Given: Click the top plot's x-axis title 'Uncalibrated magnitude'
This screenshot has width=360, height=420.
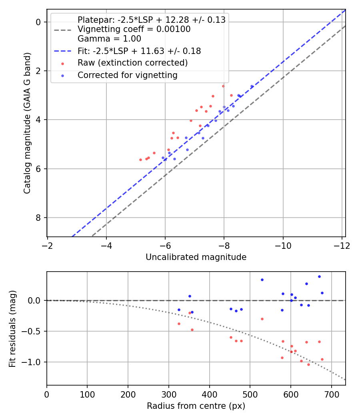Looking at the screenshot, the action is tap(196, 257).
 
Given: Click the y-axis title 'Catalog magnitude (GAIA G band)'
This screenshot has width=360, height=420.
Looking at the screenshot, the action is tap(27, 123).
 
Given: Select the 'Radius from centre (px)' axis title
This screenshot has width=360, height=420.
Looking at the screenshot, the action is tap(196, 406).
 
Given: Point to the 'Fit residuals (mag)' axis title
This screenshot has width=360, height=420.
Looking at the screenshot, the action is tap(12, 329).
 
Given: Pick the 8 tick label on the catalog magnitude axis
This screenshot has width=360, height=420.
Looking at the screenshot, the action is tap(38, 218).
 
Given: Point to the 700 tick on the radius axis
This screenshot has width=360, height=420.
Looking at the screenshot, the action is tap(332, 394).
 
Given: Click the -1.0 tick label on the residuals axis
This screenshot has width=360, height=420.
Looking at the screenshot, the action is tap(31, 362).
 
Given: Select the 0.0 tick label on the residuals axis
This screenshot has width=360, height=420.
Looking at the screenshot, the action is tap(34, 300).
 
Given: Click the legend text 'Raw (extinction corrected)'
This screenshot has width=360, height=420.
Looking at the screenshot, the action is tap(132, 63).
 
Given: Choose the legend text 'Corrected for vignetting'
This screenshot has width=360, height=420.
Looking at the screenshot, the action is tap(128, 75).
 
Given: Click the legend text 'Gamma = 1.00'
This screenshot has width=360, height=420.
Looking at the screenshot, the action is tap(109, 39).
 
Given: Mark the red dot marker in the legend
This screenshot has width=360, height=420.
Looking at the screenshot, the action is tap(63, 64).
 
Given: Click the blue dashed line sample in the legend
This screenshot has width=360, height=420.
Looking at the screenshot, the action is tap(63, 51).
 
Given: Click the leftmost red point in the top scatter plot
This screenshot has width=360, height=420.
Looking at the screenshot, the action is tap(141, 160).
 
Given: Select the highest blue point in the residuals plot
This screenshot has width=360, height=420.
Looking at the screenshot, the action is tap(319, 277).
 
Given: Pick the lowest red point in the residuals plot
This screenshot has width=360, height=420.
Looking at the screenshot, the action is tap(308, 364).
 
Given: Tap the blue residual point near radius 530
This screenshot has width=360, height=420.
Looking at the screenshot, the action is tap(262, 280).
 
